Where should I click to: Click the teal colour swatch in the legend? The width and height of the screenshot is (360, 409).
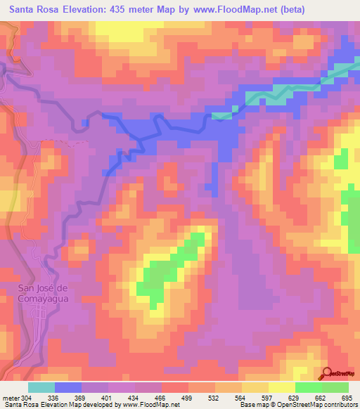tap(41, 387)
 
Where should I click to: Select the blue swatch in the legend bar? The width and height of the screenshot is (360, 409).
tap(68, 387)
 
